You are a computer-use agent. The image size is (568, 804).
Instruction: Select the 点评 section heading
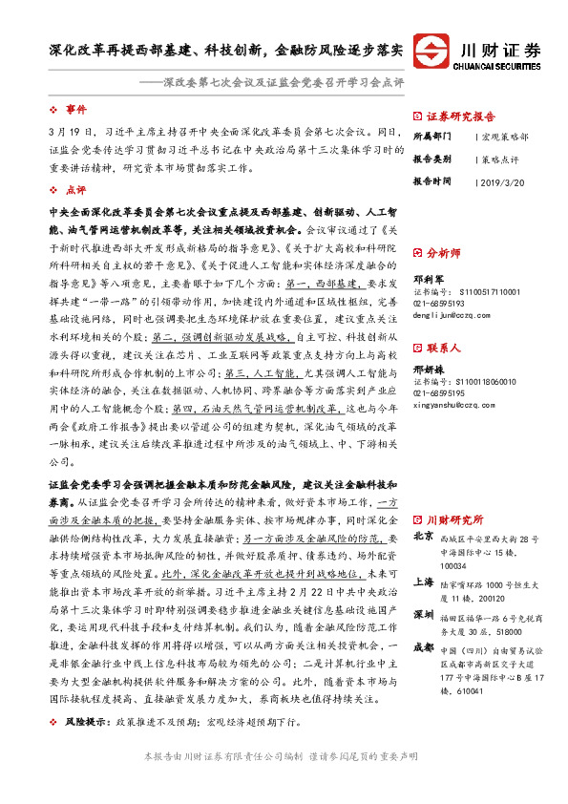[x=75, y=190]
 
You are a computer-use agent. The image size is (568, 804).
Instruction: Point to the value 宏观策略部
[x=504, y=137]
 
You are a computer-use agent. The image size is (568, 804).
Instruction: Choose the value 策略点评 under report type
[x=500, y=159]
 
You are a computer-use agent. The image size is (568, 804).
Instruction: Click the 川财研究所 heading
[x=453, y=520]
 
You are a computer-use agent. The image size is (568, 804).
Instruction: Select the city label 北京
[x=425, y=537]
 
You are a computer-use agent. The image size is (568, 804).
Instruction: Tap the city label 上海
[x=425, y=581]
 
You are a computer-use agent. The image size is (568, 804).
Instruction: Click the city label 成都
[x=425, y=647]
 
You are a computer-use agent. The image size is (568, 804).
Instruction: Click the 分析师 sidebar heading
[x=444, y=254]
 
